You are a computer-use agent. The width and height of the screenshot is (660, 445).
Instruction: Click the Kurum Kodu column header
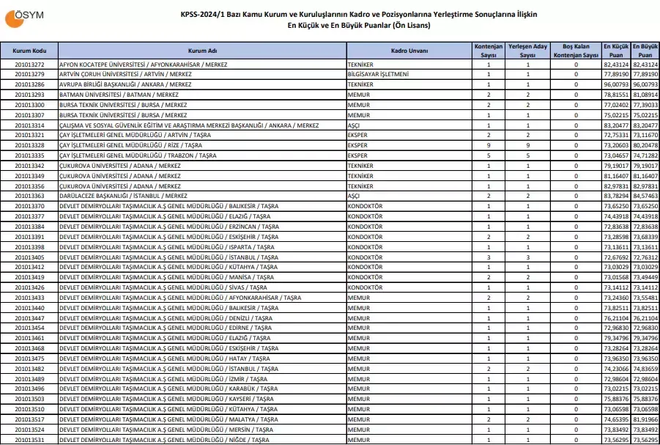(x=30, y=51)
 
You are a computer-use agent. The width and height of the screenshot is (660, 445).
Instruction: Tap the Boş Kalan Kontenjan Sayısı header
(x=576, y=51)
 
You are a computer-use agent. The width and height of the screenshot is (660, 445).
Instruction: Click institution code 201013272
(x=30, y=65)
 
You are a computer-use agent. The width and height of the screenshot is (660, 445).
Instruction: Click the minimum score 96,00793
(x=616, y=85)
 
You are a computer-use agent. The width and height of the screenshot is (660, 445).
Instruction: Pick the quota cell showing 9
(x=489, y=146)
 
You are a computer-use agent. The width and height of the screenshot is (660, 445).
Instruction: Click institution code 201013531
(x=30, y=440)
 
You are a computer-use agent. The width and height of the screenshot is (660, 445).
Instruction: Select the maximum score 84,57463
(x=645, y=196)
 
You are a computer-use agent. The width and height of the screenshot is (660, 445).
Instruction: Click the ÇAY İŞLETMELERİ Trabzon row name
(x=138, y=156)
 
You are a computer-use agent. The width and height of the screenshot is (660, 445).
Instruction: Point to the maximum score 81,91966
(x=645, y=419)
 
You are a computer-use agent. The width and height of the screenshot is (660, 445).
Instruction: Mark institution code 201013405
(x=30, y=257)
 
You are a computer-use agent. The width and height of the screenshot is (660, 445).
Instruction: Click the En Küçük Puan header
(x=616, y=51)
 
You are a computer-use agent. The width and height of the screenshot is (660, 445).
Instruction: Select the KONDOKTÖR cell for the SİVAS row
(x=365, y=287)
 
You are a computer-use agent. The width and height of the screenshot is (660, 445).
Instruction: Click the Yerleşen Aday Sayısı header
(x=528, y=51)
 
